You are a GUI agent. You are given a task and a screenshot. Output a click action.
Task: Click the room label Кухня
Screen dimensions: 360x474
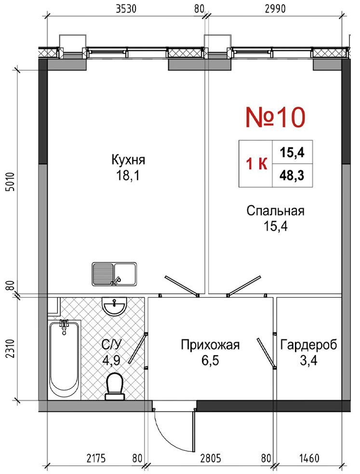[x=128, y=160]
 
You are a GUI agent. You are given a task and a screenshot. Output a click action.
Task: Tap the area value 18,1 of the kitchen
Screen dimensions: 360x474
[x=128, y=176]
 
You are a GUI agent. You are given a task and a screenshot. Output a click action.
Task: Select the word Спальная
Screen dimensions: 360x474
[x=276, y=211]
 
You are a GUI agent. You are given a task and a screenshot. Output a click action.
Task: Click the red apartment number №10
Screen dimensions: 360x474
[x=276, y=118]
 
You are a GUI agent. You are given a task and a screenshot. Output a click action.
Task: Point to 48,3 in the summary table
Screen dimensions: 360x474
[x=292, y=175]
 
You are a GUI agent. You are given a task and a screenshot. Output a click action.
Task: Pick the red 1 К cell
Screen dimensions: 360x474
[x=256, y=164]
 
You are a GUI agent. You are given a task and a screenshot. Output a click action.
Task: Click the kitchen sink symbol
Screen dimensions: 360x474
[x=114, y=274]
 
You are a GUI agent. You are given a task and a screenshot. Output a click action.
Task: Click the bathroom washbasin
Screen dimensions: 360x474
[x=114, y=306]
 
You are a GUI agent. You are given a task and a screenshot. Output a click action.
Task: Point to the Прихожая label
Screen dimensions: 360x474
[x=210, y=345]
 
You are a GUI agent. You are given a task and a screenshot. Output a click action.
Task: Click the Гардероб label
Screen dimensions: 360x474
[x=308, y=345]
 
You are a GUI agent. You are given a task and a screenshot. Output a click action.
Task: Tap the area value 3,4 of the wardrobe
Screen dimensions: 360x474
[x=308, y=360]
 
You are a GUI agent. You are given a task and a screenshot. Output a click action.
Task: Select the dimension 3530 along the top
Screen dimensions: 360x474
[x=127, y=9]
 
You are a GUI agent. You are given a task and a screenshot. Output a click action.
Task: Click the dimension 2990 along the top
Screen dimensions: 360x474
[x=275, y=9]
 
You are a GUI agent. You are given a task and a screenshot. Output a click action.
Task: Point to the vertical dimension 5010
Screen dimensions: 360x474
[x=10, y=182]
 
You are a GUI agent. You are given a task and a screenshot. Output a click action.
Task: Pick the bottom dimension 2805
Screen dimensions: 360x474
[x=211, y=459]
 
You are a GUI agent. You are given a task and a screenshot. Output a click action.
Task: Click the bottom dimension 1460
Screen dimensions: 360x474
[x=309, y=459]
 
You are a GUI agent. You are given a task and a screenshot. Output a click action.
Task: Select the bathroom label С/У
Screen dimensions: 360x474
[x=112, y=345]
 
